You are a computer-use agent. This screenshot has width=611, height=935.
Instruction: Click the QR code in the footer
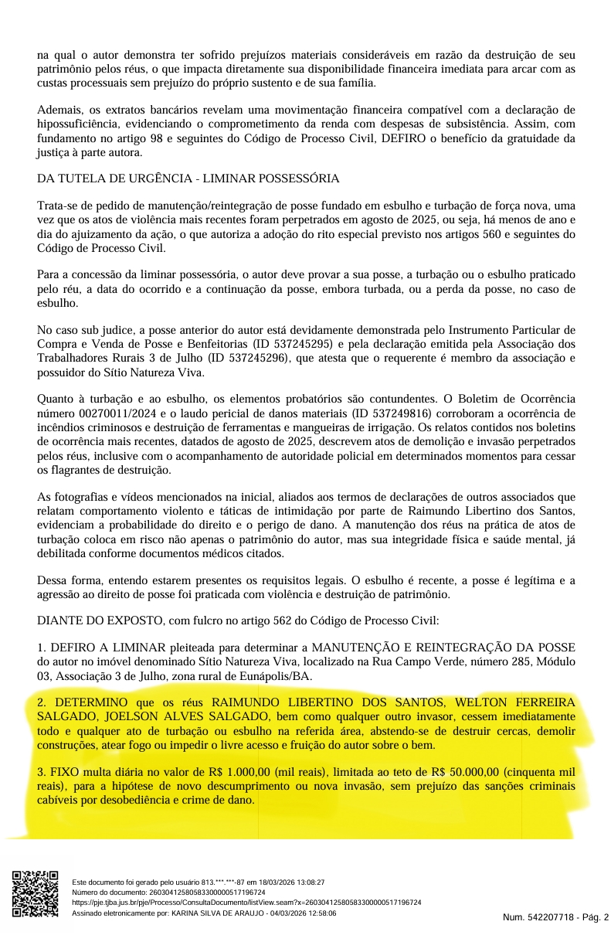(36, 893)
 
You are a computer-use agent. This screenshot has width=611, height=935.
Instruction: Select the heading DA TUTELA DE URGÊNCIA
(188, 178)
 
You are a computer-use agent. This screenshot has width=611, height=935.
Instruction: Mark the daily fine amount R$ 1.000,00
(239, 772)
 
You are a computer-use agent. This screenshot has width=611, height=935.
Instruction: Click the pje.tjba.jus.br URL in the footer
(246, 902)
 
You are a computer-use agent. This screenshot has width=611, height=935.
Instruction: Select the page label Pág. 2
(595, 917)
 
